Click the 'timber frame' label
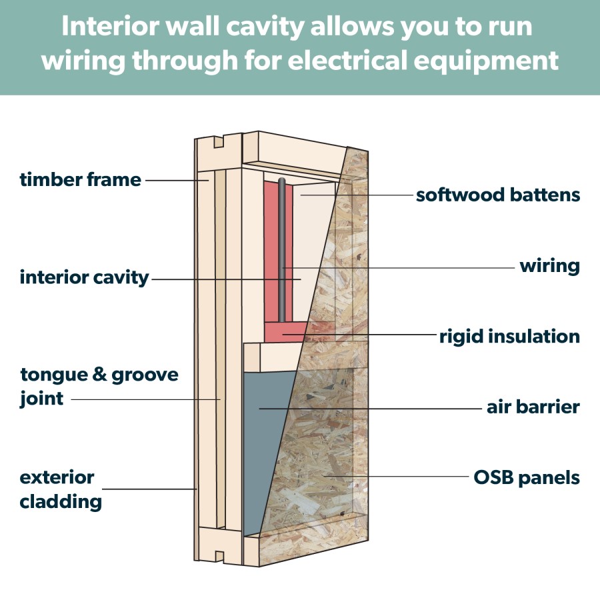coord(80,179)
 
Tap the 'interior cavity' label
coord(84,277)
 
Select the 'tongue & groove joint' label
coord(99,386)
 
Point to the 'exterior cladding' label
coord(61,489)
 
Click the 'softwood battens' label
coord(497,195)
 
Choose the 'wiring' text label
coord(549,266)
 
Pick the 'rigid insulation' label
coord(509,336)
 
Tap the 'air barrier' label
coord(533,406)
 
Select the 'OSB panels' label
coord(526,477)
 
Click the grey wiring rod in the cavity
coord(283,253)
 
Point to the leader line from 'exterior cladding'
coord(153,489)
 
